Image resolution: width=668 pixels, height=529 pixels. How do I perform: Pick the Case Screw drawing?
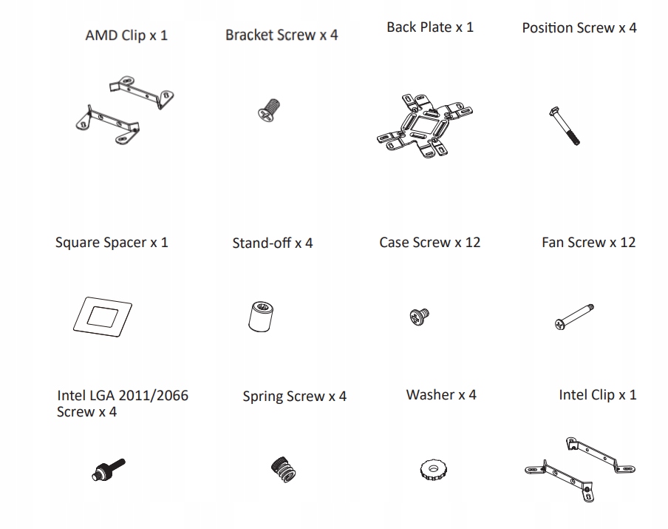[x=419, y=317]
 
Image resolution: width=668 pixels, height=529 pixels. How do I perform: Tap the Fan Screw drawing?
[x=574, y=317]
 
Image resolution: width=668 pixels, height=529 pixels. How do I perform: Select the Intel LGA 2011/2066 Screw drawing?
[x=108, y=468]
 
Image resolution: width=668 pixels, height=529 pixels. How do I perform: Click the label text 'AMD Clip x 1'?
[x=126, y=35]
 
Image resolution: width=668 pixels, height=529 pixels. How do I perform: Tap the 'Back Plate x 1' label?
[x=430, y=27]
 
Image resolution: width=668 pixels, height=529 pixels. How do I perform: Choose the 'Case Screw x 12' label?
[x=429, y=242]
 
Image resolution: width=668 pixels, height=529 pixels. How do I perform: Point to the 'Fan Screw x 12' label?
[x=588, y=242]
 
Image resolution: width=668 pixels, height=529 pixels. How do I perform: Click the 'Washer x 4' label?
[x=441, y=395]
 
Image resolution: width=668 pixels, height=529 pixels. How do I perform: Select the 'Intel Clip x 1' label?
[x=597, y=395]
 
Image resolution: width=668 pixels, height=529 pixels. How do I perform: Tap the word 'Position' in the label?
[x=547, y=28]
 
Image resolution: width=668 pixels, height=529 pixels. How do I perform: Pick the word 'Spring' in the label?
[x=262, y=397]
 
